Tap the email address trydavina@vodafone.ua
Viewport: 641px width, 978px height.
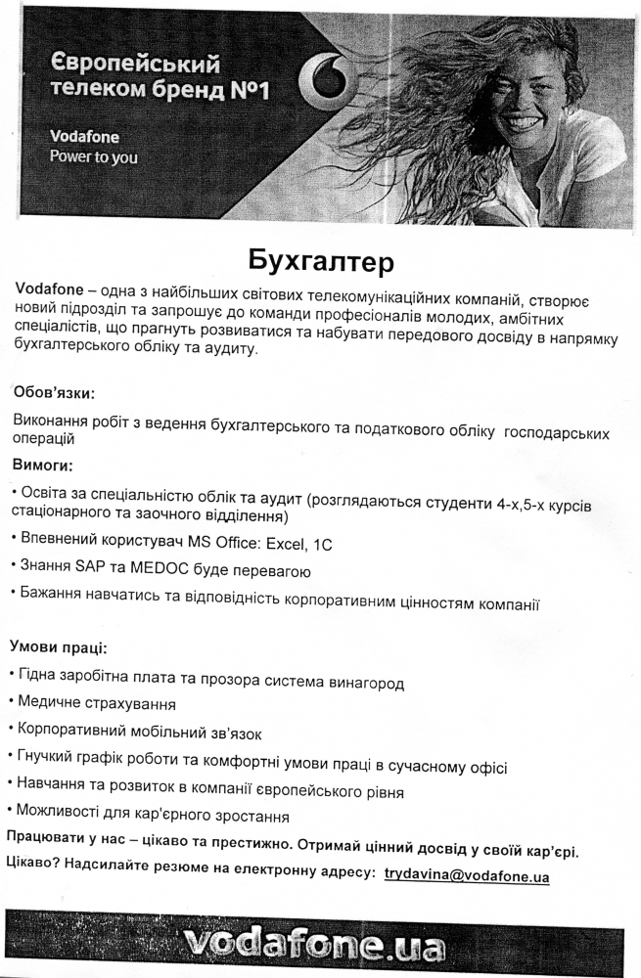tap(466, 876)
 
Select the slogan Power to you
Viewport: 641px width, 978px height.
tap(94, 156)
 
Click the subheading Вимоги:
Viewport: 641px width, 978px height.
tap(43, 464)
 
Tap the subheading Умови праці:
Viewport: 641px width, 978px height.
tap(59, 647)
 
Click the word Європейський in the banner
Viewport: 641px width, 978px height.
tap(135, 66)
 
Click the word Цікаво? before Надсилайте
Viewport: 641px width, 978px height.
tap(34, 864)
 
